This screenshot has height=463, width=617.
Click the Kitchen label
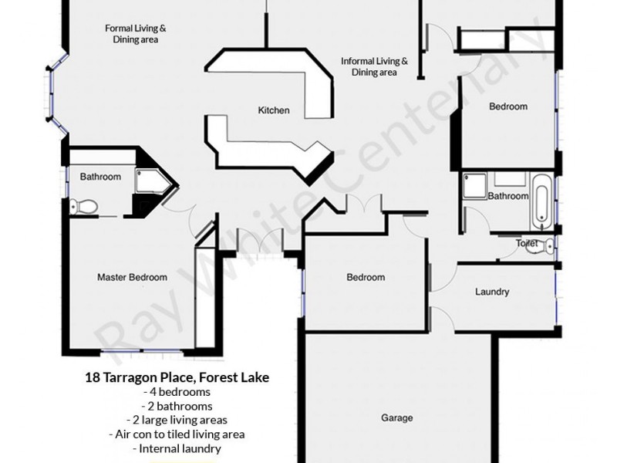pos(274,110)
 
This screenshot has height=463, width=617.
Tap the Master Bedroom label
pos(132,277)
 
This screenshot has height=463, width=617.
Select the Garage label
pos(396,418)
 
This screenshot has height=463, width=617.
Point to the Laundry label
pos(491,292)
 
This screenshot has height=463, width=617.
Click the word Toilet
pos(527,243)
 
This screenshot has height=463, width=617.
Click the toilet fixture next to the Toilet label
pos(547,246)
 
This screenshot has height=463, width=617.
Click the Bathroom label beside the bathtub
pos(507,196)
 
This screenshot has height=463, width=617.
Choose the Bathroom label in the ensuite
pos(100,177)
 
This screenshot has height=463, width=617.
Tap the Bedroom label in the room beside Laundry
pos(365,278)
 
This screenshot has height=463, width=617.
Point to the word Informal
pos(359,61)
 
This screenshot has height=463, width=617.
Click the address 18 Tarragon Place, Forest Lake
pos(177,378)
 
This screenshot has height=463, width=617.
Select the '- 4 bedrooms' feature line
pos(177,393)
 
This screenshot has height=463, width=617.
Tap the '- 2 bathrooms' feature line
pos(177,406)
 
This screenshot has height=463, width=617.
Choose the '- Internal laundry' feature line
pos(177,448)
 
